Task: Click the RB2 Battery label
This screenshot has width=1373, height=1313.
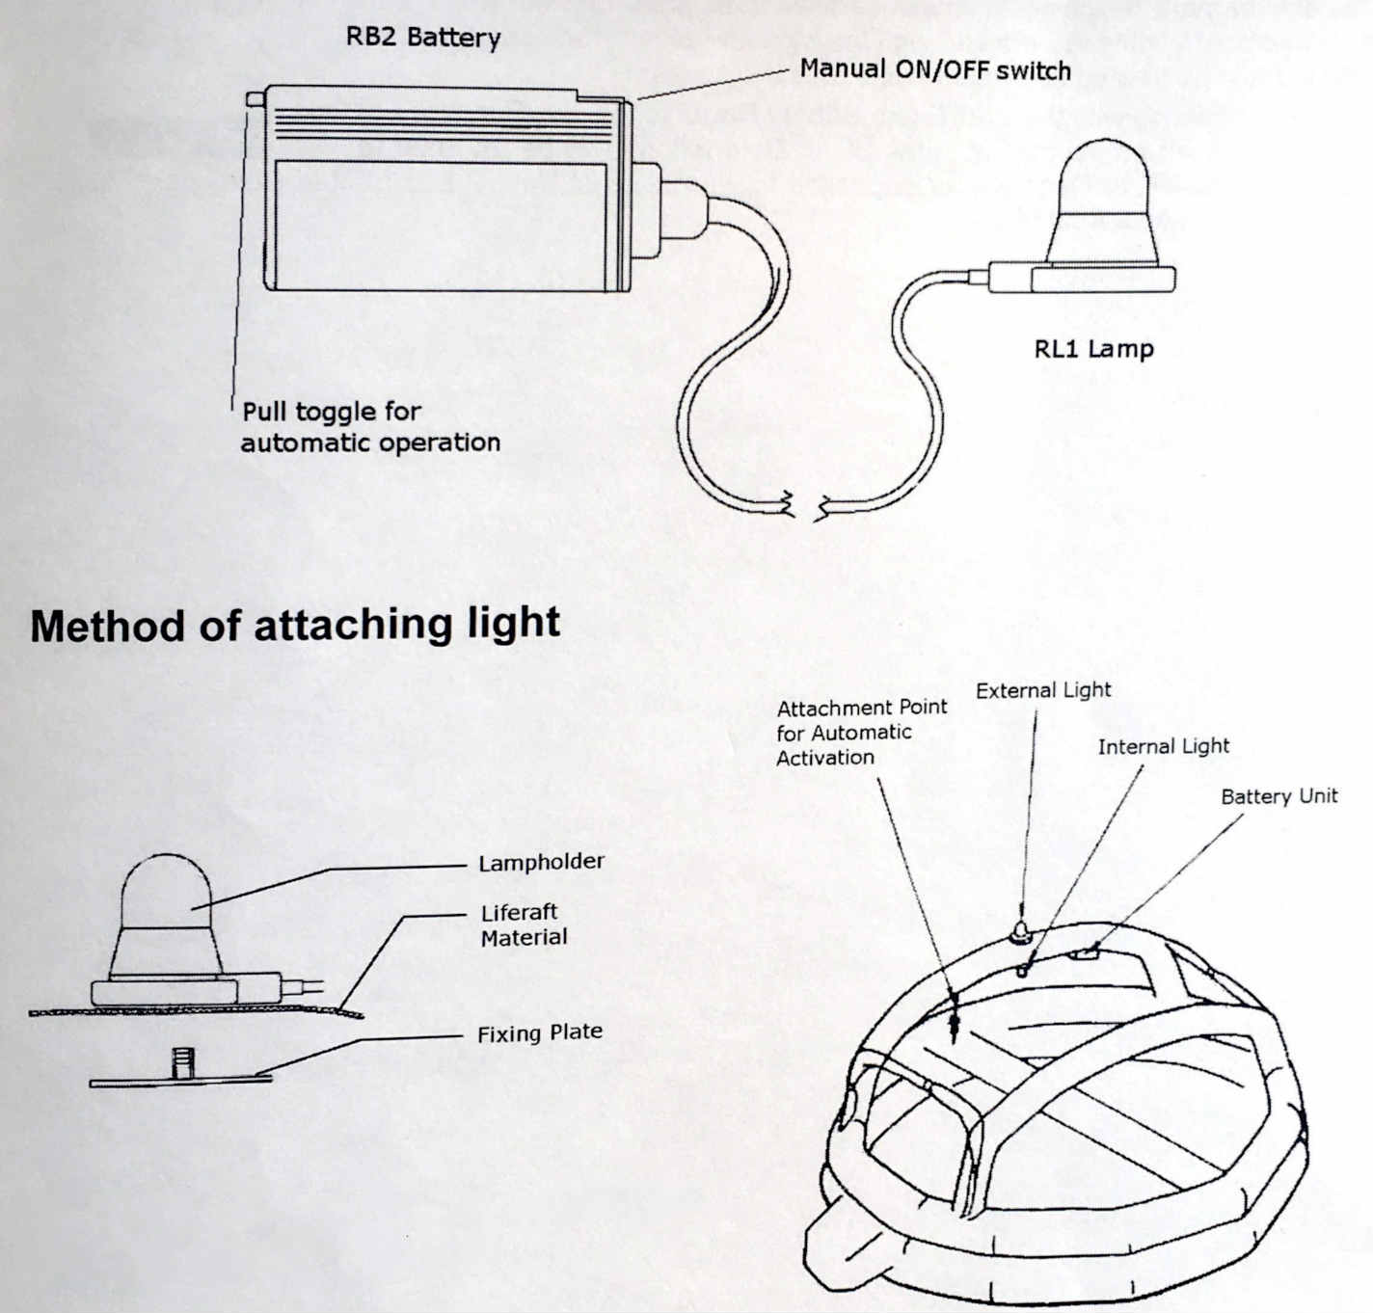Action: pos(423,38)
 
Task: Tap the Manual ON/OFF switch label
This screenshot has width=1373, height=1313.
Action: pos(935,69)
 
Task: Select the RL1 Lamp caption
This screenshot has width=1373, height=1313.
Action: pos(1093,348)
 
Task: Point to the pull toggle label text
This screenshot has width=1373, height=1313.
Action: pos(369,427)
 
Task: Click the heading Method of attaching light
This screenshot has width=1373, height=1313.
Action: pos(295,625)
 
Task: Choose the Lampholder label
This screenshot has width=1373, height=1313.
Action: pos(541,862)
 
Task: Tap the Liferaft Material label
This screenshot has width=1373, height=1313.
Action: pos(524,924)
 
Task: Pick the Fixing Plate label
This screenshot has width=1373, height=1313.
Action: pos(539,1033)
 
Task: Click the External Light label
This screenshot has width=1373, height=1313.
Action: pos(1043,690)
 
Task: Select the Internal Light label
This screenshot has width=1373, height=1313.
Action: pos(1163,746)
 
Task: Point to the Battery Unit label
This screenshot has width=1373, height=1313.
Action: pos(1279,796)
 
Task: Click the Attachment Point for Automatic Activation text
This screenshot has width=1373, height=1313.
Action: pos(861,732)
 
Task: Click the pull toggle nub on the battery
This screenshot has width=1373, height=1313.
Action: pos(256,97)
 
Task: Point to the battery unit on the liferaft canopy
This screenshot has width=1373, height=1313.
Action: pos(1084,955)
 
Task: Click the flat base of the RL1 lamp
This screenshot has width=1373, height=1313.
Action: pos(1102,280)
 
